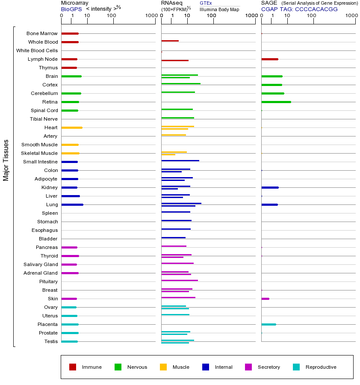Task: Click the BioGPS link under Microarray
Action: click(x=71, y=9)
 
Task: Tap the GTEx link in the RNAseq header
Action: click(x=206, y=3)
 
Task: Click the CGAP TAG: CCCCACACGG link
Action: click(x=299, y=9)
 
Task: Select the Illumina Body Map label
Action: click(x=219, y=9)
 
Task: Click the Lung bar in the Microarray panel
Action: click(x=72, y=204)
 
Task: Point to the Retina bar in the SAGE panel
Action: click(x=276, y=102)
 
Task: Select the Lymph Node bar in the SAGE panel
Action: click(x=270, y=59)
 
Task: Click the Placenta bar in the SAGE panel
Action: click(x=269, y=324)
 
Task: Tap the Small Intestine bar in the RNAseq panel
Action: click(x=180, y=160)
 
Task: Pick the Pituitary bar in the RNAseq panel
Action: click(x=180, y=280)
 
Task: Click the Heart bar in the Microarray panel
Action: click(x=72, y=127)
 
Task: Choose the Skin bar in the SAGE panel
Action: click(x=265, y=299)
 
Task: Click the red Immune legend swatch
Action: click(x=73, y=367)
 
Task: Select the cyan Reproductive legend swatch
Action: click(x=296, y=367)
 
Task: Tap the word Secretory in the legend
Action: click(x=269, y=367)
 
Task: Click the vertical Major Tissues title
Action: click(x=6, y=160)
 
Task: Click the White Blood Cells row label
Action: click(x=37, y=50)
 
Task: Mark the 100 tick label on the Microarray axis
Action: click(x=112, y=16)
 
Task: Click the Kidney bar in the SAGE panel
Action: click(x=270, y=187)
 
